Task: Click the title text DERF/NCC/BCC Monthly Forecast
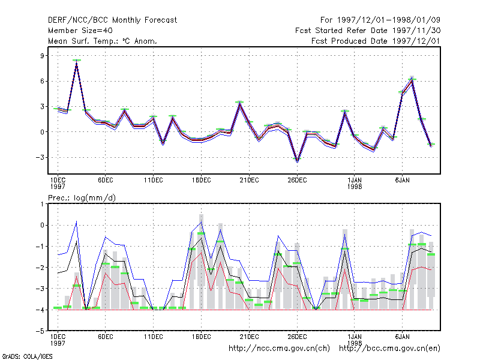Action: click(x=112, y=20)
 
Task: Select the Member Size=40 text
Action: click(x=80, y=31)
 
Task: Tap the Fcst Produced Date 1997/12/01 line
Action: click(x=376, y=41)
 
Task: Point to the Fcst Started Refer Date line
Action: click(x=368, y=31)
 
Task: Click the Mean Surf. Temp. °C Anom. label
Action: click(x=103, y=41)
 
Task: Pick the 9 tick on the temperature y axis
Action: click(x=42, y=56)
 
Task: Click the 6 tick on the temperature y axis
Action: click(x=42, y=81)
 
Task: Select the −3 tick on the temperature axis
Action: click(x=40, y=157)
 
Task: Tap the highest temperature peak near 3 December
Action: click(x=77, y=61)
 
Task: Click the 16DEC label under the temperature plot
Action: click(x=202, y=181)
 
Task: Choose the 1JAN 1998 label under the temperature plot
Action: click(x=355, y=183)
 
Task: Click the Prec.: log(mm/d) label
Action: click(x=82, y=198)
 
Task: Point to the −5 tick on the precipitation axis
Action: click(x=40, y=331)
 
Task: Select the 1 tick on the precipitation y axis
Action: click(x=42, y=204)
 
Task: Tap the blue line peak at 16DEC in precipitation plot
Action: click(x=201, y=222)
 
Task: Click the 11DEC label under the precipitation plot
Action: click(x=154, y=337)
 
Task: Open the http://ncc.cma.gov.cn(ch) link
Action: click(x=279, y=349)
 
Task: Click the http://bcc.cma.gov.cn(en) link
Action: click(x=389, y=349)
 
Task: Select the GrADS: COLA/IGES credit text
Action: click(x=27, y=356)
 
